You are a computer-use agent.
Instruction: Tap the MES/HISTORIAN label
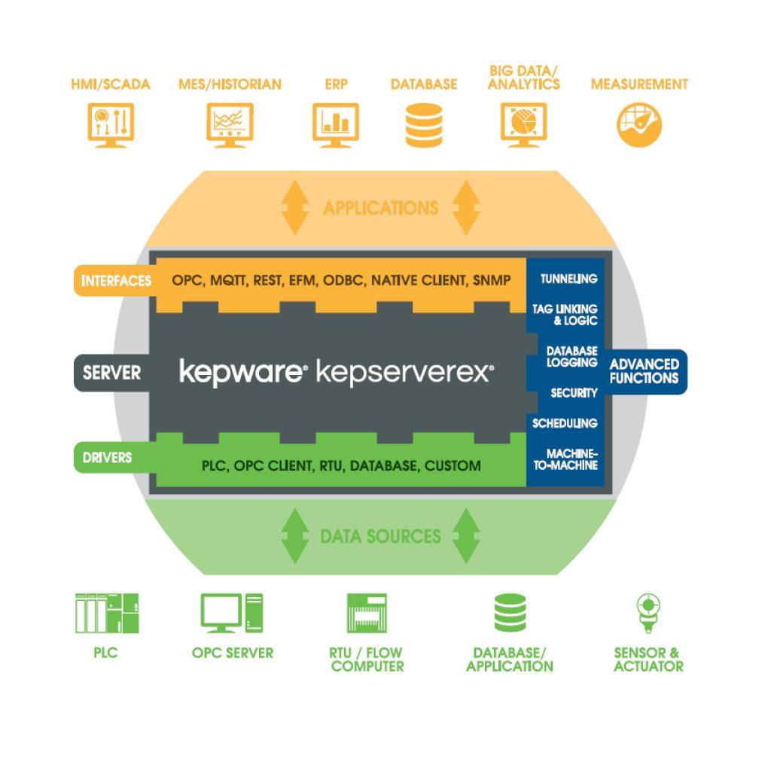[230, 84]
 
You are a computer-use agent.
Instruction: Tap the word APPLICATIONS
[380, 208]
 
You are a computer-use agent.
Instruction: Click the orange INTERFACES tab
[115, 281]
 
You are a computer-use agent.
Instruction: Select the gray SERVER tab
[111, 372]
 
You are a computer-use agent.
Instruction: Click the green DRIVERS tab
[108, 457]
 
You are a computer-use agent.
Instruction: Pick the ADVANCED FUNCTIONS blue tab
[644, 371]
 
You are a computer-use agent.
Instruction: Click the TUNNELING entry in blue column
[569, 279]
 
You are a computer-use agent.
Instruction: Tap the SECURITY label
[574, 393]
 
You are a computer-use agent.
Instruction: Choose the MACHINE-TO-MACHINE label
[571, 459]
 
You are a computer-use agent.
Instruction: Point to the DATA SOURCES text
[380, 536]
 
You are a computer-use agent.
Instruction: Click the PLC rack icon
[107, 612]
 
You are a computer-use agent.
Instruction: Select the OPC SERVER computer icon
[232, 613]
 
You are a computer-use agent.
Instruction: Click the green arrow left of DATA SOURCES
[295, 536]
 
